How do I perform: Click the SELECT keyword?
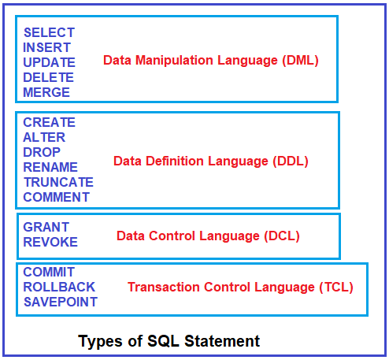pos(50,32)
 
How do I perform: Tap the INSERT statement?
pos(46,47)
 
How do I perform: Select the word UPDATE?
pos(50,62)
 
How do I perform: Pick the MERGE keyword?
pos(46,92)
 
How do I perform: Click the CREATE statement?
pos(50,122)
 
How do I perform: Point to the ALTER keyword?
pos(44,137)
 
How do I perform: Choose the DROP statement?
pos(42,152)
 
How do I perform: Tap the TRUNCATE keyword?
pos(58,182)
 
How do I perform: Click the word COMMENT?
pos(57,197)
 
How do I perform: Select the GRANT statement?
pos(46,227)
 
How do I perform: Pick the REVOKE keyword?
pos(50,242)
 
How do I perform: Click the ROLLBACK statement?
pos(59,287)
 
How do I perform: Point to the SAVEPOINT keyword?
pos(61,302)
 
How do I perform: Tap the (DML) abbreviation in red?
pos(301,61)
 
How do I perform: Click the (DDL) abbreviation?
pos(291,161)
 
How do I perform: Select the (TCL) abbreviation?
pos(336,288)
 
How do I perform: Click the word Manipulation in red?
pos(174,61)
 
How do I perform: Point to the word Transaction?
pos(164,287)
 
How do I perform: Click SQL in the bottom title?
pos(163,341)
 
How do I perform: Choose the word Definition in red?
pos(175,161)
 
